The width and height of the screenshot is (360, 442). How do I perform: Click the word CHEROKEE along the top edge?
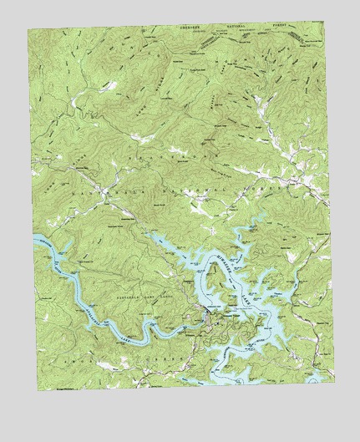click(x=187, y=27)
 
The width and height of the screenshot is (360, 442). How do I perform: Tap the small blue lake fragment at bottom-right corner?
click(x=316, y=378)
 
